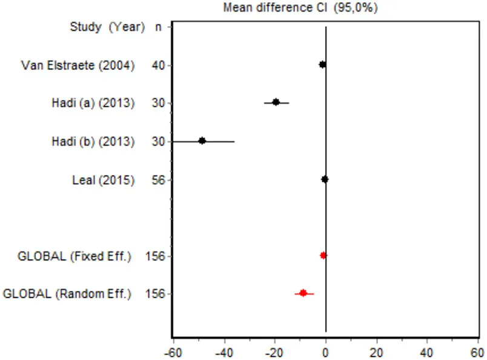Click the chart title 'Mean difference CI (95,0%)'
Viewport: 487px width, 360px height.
coord(300,8)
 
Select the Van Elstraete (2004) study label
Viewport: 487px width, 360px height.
coord(78,65)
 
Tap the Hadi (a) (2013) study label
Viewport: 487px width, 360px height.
coord(92,103)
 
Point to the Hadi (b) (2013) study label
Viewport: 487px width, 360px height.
coord(92,141)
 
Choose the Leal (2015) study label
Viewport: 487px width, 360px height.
coord(103,179)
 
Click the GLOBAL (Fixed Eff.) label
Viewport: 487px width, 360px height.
coord(74,256)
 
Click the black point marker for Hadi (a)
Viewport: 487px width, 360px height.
coord(276,102)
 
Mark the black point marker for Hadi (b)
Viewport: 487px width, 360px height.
coord(202,141)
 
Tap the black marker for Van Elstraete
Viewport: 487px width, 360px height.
coord(322,64)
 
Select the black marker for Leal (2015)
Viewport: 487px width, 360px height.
coord(325,179)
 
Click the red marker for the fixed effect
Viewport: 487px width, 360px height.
coord(323,255)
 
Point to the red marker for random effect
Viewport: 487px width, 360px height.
coord(303,293)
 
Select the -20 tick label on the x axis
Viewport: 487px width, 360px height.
coord(274,351)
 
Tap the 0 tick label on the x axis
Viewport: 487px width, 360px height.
coord(326,351)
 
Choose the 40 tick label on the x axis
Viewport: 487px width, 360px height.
coord(427,351)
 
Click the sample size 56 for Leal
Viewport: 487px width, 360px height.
coord(159,179)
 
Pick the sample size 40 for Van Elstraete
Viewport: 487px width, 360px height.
coord(159,65)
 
